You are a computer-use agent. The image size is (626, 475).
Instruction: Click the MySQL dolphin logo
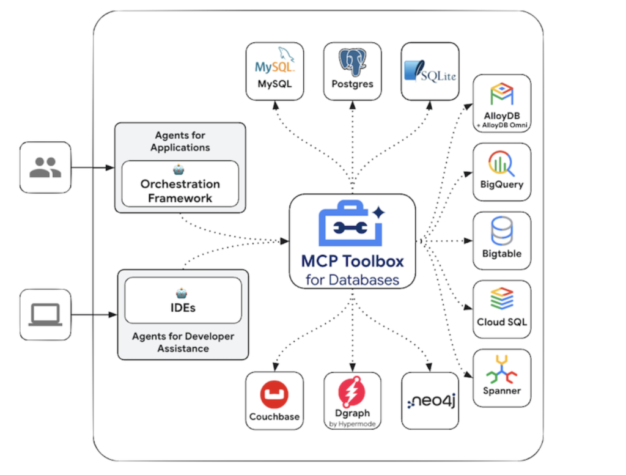(x=274, y=62)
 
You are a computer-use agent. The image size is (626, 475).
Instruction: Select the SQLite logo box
(x=430, y=71)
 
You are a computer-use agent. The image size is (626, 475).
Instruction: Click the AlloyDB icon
(x=501, y=94)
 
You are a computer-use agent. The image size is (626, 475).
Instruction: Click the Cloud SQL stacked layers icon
(x=501, y=300)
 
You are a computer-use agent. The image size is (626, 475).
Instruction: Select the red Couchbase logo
(x=274, y=395)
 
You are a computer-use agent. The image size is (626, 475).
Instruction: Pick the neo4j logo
(x=430, y=401)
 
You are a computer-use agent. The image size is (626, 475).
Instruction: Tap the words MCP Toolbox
(x=352, y=261)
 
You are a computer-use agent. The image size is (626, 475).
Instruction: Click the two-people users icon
(x=45, y=168)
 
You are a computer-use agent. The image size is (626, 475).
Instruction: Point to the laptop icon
(x=45, y=315)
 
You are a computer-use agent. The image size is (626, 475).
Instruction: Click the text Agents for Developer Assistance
(x=183, y=342)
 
